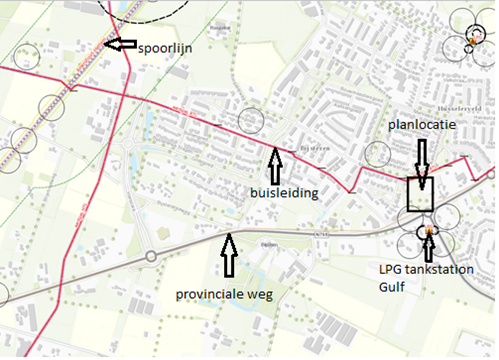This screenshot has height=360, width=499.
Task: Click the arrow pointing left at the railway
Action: tap(122, 44)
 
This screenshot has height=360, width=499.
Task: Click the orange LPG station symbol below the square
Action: tap(429, 232)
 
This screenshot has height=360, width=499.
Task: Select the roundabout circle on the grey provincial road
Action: tap(151, 256)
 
